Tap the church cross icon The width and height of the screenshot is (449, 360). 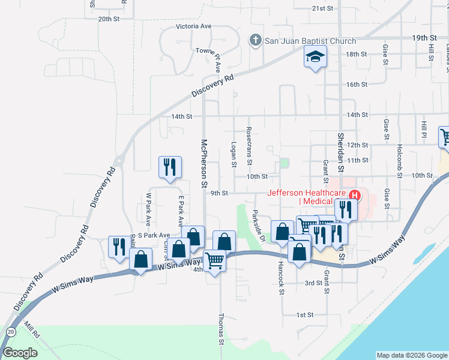pyautogui.click(x=255, y=41)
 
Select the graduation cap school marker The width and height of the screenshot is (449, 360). pyautogui.click(x=315, y=57)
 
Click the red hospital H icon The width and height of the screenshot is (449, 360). pyautogui.click(x=355, y=194)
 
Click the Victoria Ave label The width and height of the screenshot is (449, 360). pyautogui.click(x=194, y=26)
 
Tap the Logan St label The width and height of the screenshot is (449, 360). pyautogui.click(x=234, y=155)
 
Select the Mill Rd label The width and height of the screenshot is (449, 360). pyautogui.click(x=31, y=329)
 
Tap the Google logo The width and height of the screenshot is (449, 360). pyautogui.click(x=20, y=352)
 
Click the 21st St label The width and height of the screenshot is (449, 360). pyautogui.click(x=322, y=8)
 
